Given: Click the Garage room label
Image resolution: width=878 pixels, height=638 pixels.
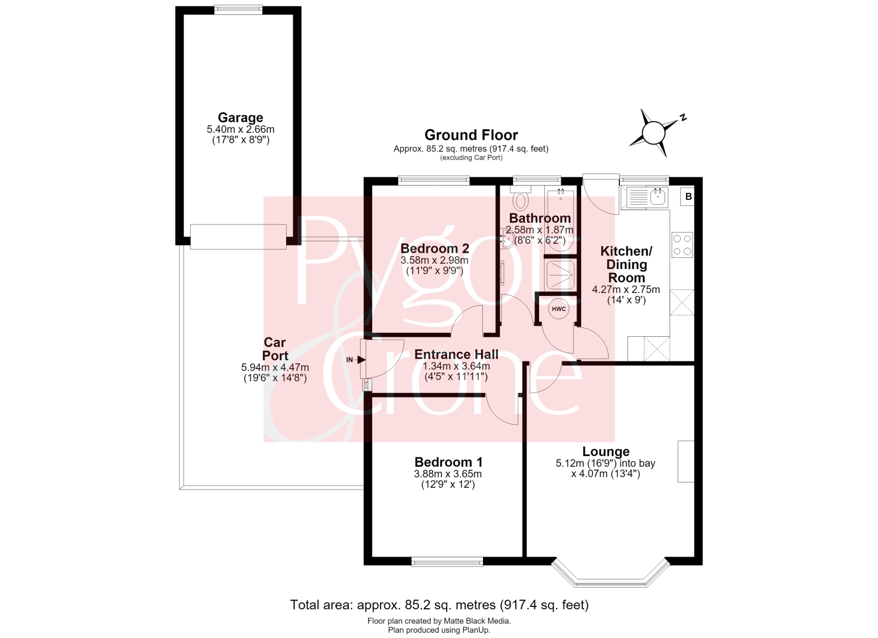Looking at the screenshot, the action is pyautogui.click(x=240, y=118).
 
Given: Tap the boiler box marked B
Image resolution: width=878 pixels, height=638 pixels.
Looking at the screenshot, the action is pyautogui.click(x=688, y=196).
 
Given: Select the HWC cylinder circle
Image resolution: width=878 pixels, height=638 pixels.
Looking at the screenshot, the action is pyautogui.click(x=558, y=309).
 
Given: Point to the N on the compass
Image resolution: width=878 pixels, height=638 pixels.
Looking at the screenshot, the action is pyautogui.click(x=683, y=118).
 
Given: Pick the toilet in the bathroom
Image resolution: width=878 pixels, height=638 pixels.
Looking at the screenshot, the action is pyautogui.click(x=520, y=197).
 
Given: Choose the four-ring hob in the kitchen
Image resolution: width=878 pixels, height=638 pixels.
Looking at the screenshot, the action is pyautogui.click(x=682, y=245).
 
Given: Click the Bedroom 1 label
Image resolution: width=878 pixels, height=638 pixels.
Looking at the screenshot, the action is pyautogui.click(x=448, y=462).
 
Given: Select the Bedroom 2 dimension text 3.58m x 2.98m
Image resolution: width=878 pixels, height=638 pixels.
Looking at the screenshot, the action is pyautogui.click(x=434, y=260).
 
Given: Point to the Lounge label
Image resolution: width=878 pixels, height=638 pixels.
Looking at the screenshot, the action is pyautogui.click(x=606, y=451).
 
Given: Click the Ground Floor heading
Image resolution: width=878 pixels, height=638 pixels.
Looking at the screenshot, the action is pyautogui.click(x=471, y=135).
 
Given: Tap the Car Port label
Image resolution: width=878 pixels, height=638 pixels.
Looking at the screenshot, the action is pyautogui.click(x=275, y=349).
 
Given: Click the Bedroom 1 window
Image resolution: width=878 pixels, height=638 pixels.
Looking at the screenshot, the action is pyautogui.click(x=447, y=563).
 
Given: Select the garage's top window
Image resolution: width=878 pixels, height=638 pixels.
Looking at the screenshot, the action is pyautogui.click(x=238, y=9).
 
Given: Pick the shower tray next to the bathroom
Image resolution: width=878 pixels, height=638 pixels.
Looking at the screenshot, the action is pyautogui.click(x=561, y=275).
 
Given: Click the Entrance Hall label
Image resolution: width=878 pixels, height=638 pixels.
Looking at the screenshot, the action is pyautogui.click(x=456, y=354).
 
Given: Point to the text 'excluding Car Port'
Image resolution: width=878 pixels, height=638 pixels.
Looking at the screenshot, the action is pyautogui.click(x=471, y=158).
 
